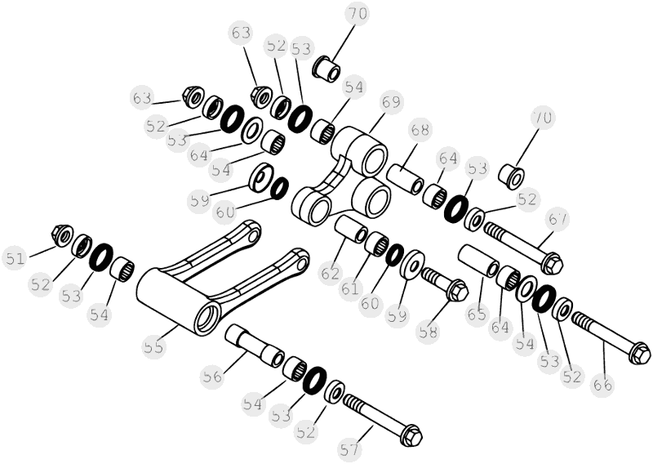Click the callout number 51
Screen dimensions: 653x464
tap(16, 259)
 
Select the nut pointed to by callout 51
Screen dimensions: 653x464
tap(62, 235)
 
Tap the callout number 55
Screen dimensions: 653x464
tap(154, 346)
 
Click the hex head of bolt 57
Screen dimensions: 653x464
tap(411, 436)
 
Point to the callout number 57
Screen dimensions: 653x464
tap(349, 450)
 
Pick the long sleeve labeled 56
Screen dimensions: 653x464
tap(255, 347)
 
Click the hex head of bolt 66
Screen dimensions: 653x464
tap(639, 353)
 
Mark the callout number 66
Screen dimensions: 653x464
tap(602, 385)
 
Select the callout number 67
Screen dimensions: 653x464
tap(557, 219)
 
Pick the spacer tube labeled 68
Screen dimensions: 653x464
tap(405, 179)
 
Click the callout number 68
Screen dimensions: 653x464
tap(420, 130)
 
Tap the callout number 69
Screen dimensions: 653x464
tap(392, 103)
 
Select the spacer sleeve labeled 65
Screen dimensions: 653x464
tap(478, 261)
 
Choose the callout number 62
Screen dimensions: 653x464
tap(331, 274)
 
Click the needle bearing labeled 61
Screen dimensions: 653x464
tap(376, 243)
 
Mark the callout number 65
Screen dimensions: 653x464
tap(477, 315)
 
